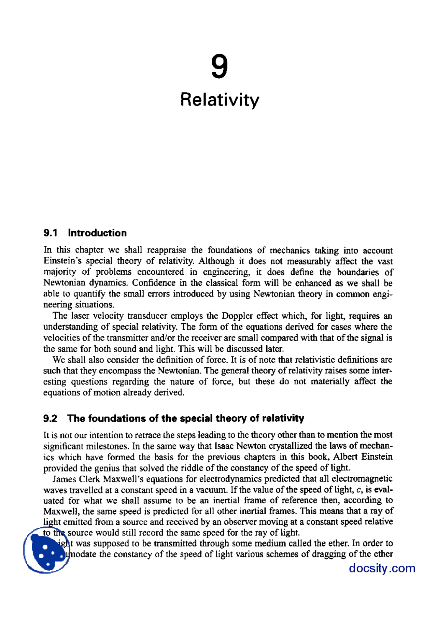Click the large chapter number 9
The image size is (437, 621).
point(219,67)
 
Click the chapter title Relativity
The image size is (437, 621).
point(220,100)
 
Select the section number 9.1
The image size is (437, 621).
point(50,233)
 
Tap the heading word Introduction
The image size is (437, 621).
point(97,233)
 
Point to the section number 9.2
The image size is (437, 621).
point(50,418)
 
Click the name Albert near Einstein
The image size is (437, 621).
point(345,457)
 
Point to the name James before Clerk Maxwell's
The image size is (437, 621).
point(64,479)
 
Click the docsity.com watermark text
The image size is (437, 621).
point(382,568)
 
